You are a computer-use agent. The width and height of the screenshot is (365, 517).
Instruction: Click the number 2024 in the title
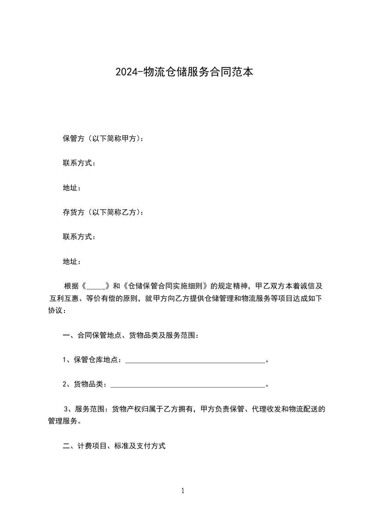pyautogui.click(x=123, y=72)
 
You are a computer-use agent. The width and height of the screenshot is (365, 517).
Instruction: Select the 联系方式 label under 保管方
pyautogui.click(x=79, y=163)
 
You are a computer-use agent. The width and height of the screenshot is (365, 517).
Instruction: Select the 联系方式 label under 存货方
pyautogui.click(x=79, y=237)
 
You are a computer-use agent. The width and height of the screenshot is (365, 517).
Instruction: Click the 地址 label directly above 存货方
pyautogui.click(x=71, y=188)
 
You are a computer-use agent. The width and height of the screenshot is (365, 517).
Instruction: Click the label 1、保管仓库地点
pyautogui.click(x=93, y=360)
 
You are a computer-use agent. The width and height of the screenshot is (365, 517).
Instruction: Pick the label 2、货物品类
pyautogui.click(x=85, y=384)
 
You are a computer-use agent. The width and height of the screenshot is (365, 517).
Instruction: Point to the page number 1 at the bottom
pyautogui.click(x=183, y=491)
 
